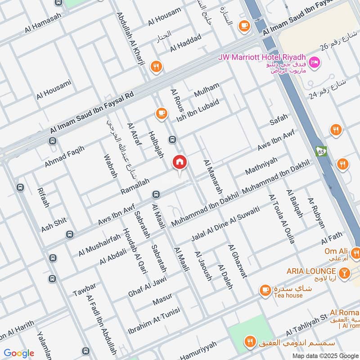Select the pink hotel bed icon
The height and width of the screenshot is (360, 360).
coord(315,62)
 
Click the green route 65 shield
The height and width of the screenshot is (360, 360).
coord(321,151)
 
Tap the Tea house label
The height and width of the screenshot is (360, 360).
coord(288,296)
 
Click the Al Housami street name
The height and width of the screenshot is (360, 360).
coord(54,90)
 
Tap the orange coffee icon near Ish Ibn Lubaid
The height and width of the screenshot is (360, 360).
coord(162,113)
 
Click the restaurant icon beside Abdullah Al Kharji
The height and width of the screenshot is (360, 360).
coord(156,67)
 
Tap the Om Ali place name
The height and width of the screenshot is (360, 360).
coord(335,251)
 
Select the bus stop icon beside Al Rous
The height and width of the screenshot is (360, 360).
coord(172,140)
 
